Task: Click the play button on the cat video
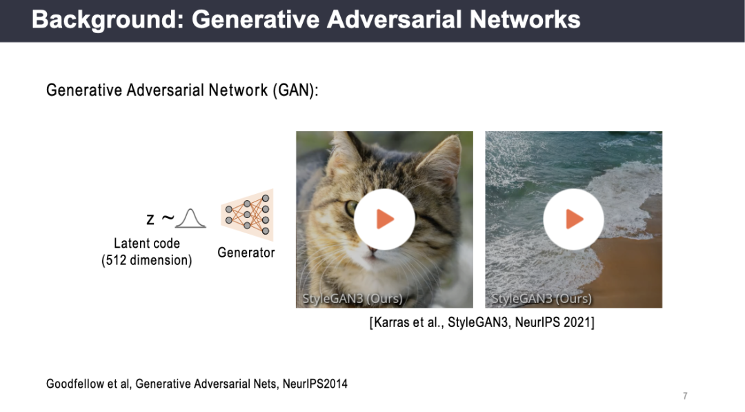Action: tap(384, 219)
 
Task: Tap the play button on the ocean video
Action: tap(573, 219)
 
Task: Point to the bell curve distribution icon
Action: tap(190, 219)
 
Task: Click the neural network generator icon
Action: tap(248, 215)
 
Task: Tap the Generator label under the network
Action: tap(246, 253)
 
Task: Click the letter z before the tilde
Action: tap(150, 219)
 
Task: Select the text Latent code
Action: tap(147, 244)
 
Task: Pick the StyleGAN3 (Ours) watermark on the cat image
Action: tap(352, 298)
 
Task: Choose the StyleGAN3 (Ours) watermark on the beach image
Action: tap(542, 298)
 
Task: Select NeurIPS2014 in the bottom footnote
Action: tap(315, 384)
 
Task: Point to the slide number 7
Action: tap(685, 396)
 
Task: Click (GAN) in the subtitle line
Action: tap(293, 90)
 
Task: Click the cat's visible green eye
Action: tap(350, 208)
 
